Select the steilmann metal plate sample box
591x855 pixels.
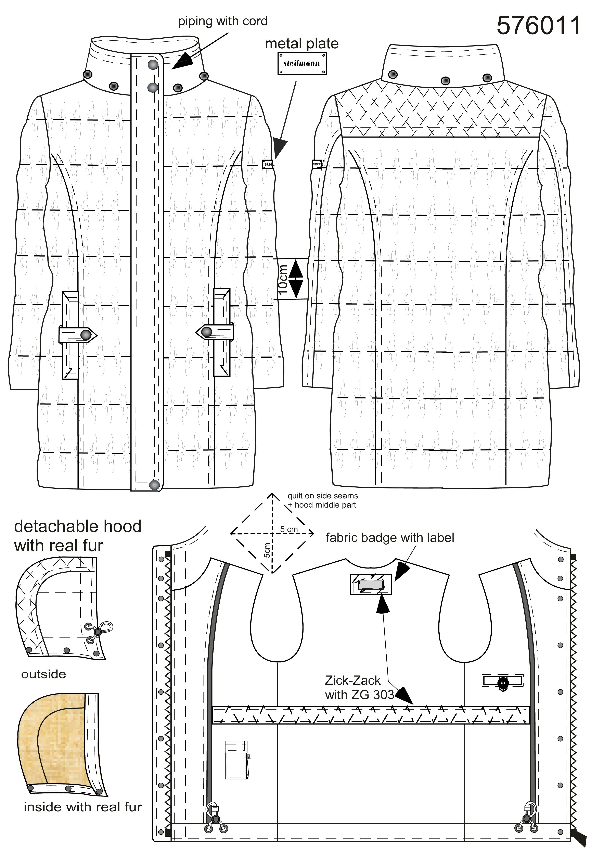[x=302, y=63]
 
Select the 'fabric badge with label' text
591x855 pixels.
[x=389, y=538]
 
